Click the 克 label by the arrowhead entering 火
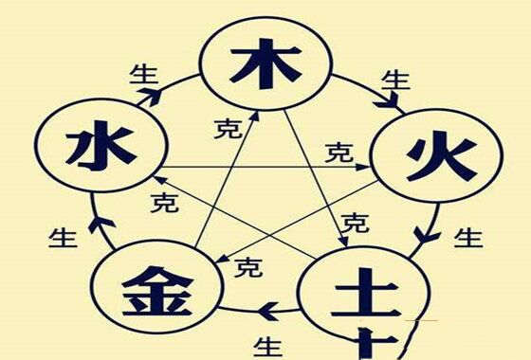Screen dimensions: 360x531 click(x=339, y=151)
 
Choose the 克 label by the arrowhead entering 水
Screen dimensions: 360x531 click(x=164, y=202)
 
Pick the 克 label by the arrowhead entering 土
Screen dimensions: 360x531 click(x=356, y=224)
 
